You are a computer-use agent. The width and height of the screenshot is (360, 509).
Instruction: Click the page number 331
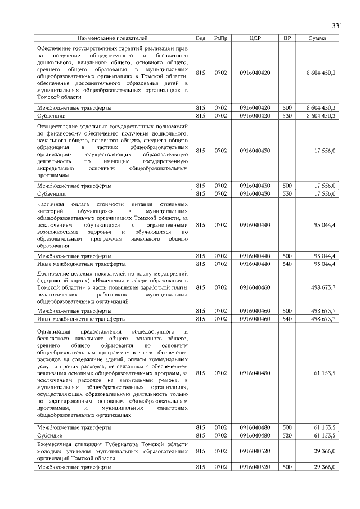click(337, 26)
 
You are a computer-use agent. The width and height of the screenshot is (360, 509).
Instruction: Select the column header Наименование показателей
click(112, 38)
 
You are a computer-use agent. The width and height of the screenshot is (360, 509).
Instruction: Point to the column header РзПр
click(220, 38)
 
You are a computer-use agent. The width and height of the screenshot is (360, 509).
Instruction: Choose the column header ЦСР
click(254, 38)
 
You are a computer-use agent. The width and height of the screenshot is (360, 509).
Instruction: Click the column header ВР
click(287, 38)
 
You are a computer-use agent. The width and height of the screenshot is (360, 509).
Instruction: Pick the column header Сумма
click(318, 38)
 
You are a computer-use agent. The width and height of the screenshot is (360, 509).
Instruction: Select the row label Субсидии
click(49, 435)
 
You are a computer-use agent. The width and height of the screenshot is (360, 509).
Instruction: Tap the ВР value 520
click(287, 435)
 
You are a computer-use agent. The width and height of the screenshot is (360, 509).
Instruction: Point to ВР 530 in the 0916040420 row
click(287, 115)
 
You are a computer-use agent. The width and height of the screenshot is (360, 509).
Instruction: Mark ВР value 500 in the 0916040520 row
click(287, 467)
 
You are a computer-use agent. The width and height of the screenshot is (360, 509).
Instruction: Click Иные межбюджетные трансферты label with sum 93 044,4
click(73, 263)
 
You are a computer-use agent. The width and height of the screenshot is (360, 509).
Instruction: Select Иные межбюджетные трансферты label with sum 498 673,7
click(73, 318)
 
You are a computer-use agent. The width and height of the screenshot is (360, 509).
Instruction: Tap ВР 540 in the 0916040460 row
click(287, 318)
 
